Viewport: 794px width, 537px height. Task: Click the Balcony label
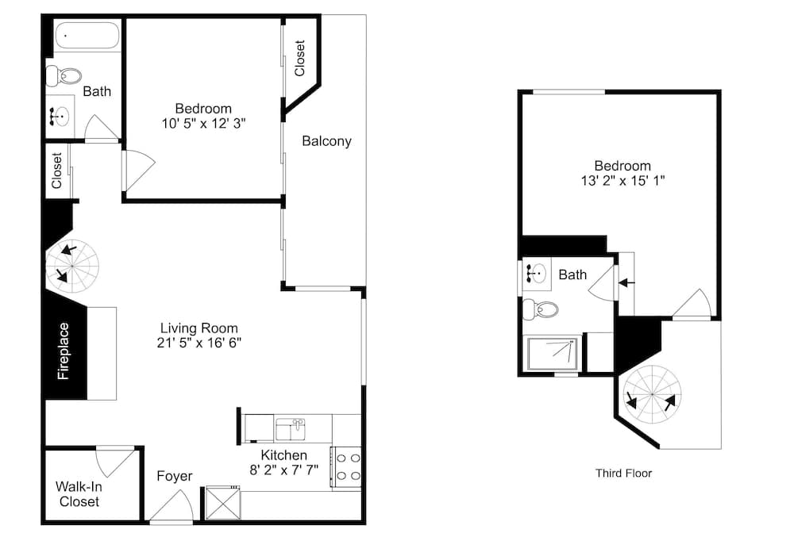point(326,141)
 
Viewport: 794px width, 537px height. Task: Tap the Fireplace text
point(64,351)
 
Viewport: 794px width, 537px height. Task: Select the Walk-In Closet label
point(79,494)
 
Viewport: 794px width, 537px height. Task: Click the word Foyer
point(175,477)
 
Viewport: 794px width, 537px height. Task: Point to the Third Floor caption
point(623,474)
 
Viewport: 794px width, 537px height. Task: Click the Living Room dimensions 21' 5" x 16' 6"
point(199,343)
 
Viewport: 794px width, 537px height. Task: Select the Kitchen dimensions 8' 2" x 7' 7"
point(283,470)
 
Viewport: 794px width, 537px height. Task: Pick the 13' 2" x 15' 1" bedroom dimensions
point(622,181)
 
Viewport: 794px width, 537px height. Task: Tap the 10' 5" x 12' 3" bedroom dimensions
point(204,123)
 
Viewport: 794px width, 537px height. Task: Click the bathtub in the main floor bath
point(87,36)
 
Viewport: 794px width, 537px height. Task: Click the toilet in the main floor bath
point(64,77)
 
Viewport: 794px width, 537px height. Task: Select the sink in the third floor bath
point(536,274)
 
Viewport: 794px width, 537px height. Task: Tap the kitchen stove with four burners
point(347,467)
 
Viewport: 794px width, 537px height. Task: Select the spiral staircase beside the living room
point(72,266)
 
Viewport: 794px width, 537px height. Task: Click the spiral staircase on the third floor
point(652,395)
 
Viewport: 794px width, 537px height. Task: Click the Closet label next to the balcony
point(300,58)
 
